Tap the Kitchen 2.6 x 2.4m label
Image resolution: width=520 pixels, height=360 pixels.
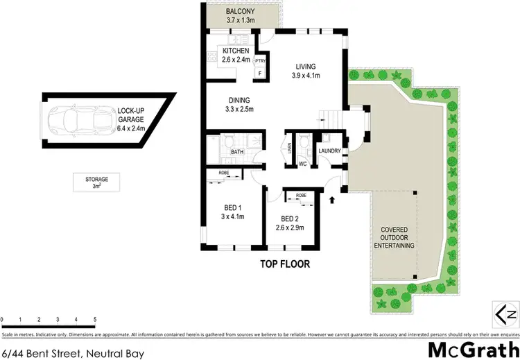coord(235,55)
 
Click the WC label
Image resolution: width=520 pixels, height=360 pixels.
coord(303,164)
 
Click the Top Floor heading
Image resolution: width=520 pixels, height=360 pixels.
coord(284,264)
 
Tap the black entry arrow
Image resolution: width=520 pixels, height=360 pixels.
coord(331,201)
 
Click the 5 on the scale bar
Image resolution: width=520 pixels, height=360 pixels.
coord(94,320)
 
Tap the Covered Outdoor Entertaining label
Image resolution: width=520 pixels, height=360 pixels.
coord(397,238)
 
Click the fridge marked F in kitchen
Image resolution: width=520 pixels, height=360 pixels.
coord(260,71)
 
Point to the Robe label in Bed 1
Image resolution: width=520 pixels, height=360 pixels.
coord(224,172)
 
